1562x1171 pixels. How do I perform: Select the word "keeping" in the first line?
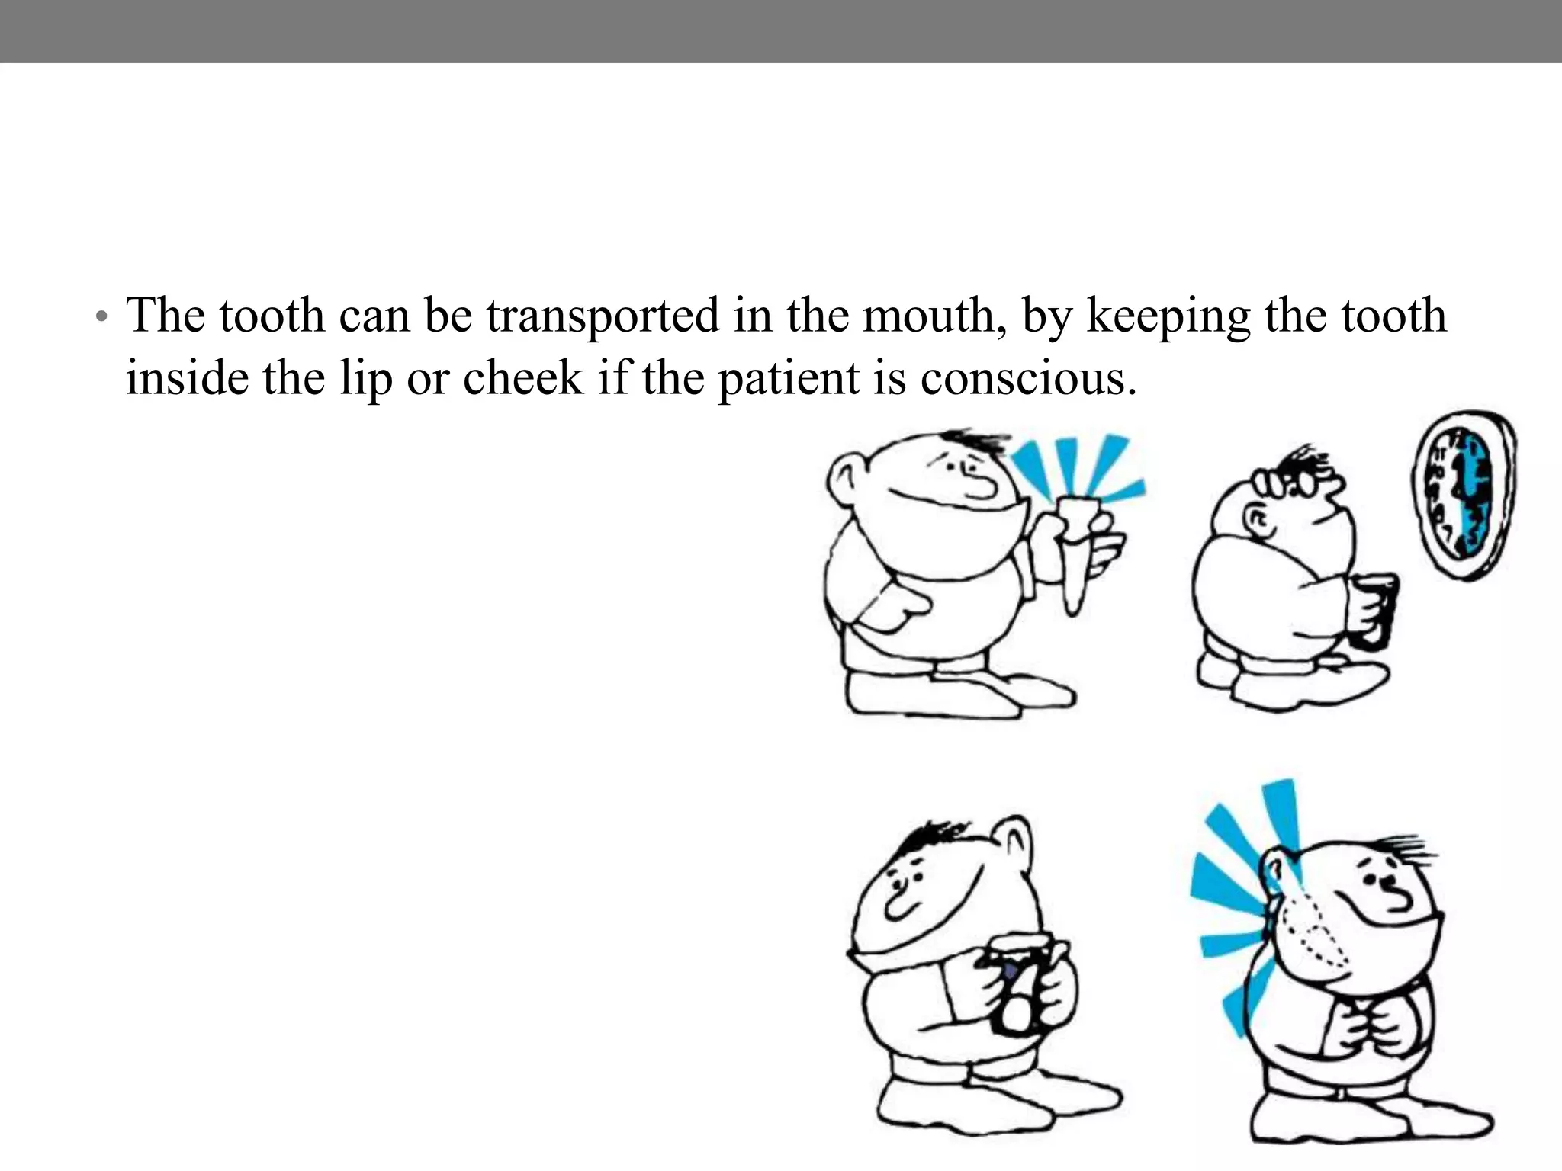click(x=1168, y=317)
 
